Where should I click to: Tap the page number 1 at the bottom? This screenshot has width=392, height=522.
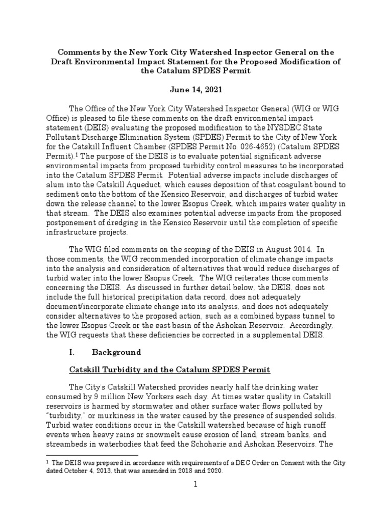(x=195, y=501)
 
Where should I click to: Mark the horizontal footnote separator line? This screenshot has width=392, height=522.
(x=92, y=454)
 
